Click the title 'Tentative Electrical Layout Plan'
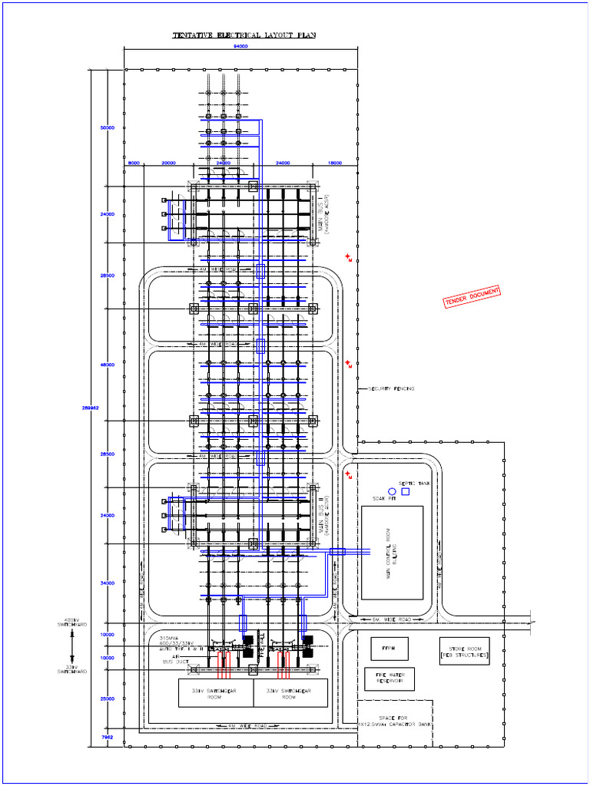tap(244, 35)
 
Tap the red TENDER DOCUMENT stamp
tap(472, 297)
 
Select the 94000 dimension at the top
tap(240, 47)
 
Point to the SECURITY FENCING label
tap(392, 389)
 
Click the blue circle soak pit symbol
tap(392, 490)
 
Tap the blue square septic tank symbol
tap(406, 491)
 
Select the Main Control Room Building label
tap(392, 553)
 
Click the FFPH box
tap(389, 649)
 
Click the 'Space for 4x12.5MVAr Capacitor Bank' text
tap(396, 721)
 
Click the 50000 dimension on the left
tap(107, 127)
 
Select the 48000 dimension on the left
tap(107, 365)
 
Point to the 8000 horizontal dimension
tap(134, 163)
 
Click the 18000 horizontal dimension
tap(335, 163)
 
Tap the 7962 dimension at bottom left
tap(107, 737)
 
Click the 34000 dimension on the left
tap(107, 583)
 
